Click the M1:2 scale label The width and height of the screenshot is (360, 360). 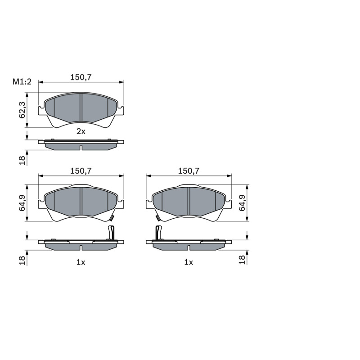[22, 81]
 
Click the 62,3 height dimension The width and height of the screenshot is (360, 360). [22, 110]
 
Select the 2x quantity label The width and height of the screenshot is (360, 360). [81, 131]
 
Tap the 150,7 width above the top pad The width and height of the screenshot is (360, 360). [81, 77]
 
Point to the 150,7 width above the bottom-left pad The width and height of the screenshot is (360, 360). [81, 171]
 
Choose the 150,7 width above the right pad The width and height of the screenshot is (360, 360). [189, 171]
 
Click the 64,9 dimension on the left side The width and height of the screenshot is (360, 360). [22, 203]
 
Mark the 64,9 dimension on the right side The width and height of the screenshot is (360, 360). [243, 203]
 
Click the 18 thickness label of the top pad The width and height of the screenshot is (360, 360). [22, 160]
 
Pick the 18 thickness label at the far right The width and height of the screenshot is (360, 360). [243, 260]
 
